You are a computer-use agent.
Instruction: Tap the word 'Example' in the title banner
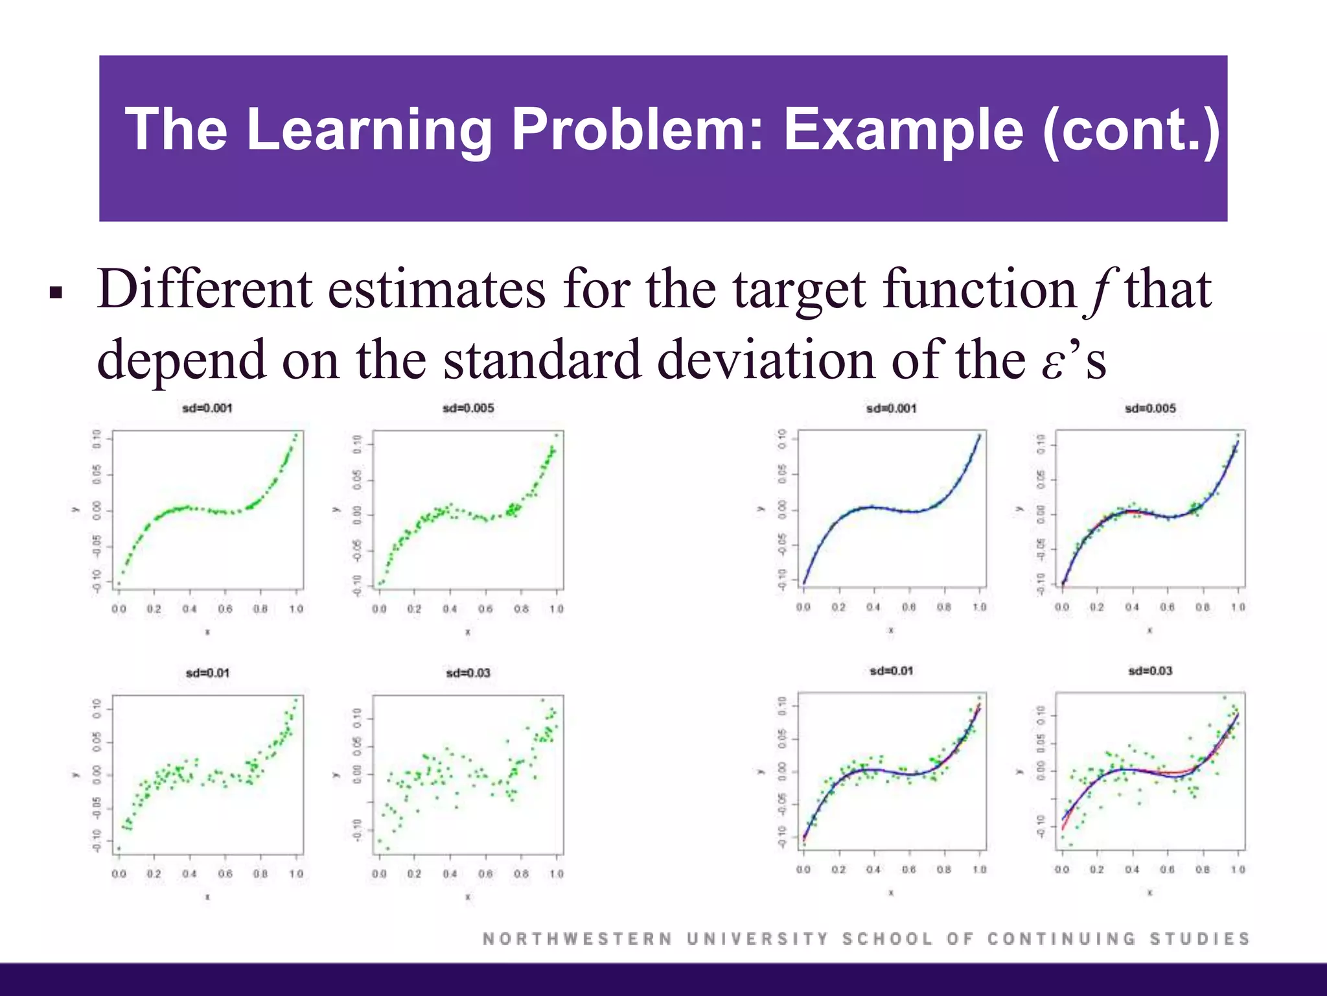903,130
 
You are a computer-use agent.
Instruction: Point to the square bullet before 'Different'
55,293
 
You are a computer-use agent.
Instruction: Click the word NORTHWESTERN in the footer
577,938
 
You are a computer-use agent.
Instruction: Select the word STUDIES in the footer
1199,938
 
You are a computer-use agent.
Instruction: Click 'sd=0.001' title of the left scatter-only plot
207,408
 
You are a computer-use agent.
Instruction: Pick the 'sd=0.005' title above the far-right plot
1150,409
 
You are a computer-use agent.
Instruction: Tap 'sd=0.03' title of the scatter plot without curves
468,673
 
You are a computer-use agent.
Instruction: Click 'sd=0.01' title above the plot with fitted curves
892,670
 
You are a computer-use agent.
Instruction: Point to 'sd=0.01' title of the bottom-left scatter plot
207,673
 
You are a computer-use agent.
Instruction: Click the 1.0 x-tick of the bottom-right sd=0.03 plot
1238,870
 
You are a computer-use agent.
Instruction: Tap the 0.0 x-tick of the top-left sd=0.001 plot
119,609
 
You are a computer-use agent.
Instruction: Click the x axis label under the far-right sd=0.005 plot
1149,630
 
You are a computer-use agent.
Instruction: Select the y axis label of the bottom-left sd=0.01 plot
75,774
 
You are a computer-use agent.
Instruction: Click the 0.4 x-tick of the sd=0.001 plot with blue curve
873,607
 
